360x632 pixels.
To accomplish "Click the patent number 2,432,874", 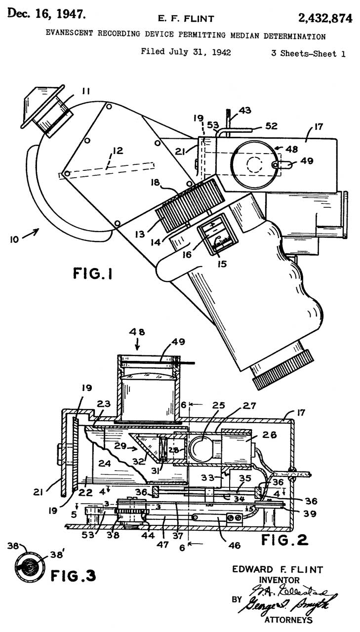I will coord(325,19).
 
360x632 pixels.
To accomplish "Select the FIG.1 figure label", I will coord(92,273).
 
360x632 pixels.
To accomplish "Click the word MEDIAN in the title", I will coord(245,36).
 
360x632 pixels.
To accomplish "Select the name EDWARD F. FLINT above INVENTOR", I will coord(278,570).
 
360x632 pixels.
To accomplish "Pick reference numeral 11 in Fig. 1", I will coord(86,91).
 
